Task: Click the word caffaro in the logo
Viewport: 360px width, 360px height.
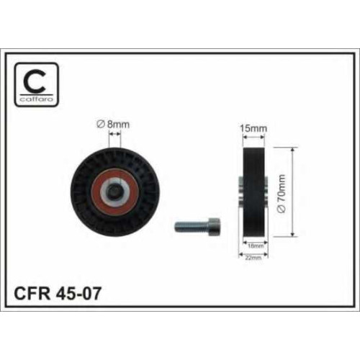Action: (37, 99)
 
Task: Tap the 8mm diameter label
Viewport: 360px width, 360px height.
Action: (113, 125)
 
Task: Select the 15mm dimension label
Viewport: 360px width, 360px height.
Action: (253, 128)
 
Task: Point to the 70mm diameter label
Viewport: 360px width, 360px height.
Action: (282, 194)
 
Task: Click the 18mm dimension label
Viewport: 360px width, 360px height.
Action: (256, 246)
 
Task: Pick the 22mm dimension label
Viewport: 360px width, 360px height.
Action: (253, 258)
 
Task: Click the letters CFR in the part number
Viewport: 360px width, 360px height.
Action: (32, 293)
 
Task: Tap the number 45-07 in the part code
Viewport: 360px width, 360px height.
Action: (78, 293)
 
